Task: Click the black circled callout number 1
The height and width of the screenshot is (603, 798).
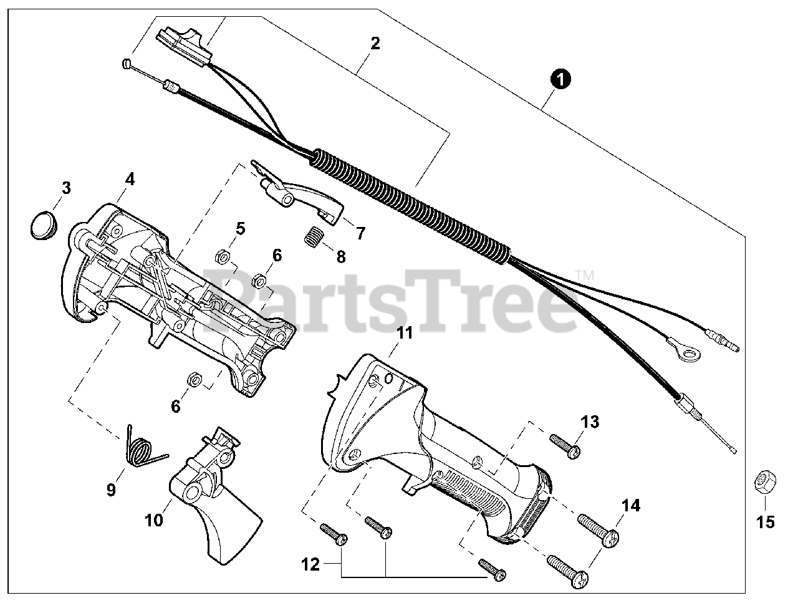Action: (x=561, y=79)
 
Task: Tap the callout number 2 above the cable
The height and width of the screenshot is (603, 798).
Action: (x=375, y=43)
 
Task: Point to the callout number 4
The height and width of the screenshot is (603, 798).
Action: (x=129, y=178)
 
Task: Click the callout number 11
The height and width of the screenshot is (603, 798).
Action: (x=405, y=333)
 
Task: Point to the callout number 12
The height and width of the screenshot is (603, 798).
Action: (x=310, y=565)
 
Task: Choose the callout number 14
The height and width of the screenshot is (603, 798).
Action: (x=631, y=505)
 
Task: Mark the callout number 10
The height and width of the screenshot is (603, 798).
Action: (x=153, y=519)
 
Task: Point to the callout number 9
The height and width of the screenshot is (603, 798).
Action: (x=111, y=490)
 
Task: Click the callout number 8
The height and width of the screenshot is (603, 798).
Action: (x=340, y=256)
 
